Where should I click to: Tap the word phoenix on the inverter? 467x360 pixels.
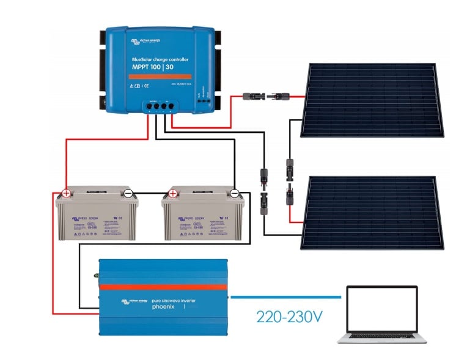click(150, 307)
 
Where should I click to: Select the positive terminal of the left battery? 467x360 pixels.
click(65, 194)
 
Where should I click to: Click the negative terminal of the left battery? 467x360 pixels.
click(128, 194)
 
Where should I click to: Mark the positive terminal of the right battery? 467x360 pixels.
click(173, 194)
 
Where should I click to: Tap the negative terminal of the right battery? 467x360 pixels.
click(235, 194)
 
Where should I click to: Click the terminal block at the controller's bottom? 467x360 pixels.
click(158, 106)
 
